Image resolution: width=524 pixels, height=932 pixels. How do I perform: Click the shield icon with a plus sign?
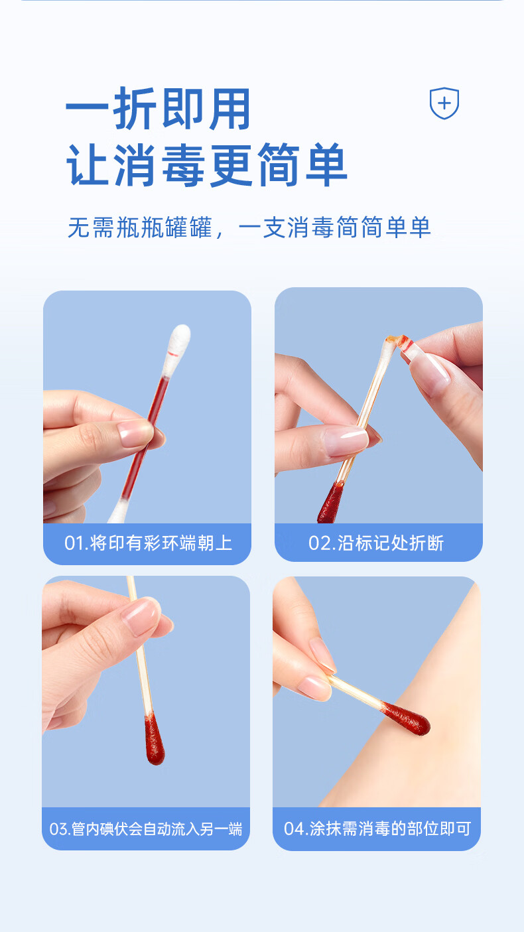tap(444, 103)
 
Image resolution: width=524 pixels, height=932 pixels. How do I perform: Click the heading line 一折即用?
tap(158, 109)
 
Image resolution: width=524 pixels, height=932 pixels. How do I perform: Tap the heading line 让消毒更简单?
tap(207, 165)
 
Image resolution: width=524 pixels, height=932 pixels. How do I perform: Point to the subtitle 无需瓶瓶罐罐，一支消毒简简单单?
tap(249, 227)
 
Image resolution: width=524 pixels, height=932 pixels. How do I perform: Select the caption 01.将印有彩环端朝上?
tap(148, 543)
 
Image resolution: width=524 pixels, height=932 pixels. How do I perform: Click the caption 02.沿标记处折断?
tap(376, 543)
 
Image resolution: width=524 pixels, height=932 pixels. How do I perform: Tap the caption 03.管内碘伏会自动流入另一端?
tap(145, 829)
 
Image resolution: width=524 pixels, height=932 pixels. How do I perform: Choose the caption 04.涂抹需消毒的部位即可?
tap(377, 829)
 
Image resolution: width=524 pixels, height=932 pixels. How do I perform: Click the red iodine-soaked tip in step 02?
tap(330, 503)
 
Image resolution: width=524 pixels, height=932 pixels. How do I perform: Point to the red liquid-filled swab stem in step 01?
tap(145, 437)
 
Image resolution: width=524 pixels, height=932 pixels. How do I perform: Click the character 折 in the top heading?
tap(135, 109)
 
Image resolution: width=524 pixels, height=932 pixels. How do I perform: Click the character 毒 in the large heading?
tap(183, 165)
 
